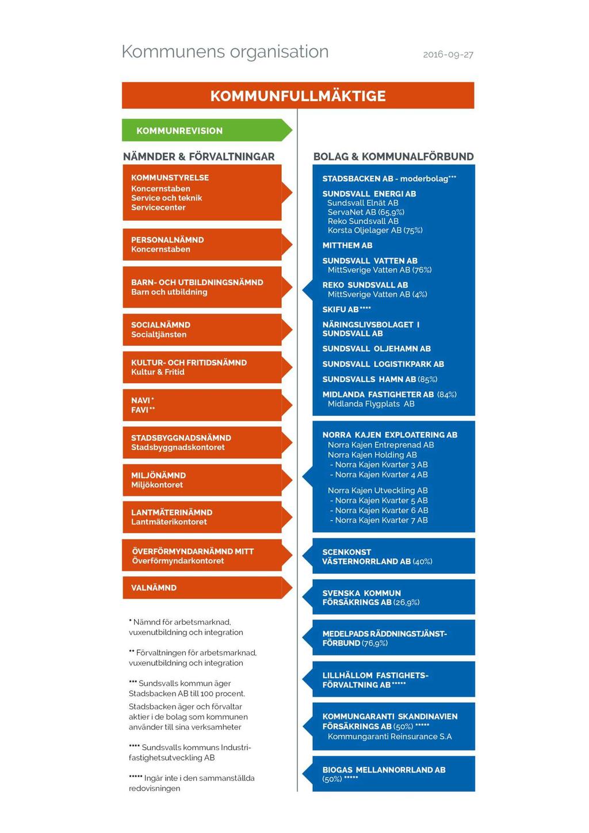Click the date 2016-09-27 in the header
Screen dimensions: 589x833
(448, 55)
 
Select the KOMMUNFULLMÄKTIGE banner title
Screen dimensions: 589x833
(298, 96)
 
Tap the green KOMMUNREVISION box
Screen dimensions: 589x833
(206, 130)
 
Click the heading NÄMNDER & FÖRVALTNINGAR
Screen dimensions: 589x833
(198, 156)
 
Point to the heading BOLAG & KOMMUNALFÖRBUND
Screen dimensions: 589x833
(393, 156)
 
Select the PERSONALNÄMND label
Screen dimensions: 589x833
(167, 240)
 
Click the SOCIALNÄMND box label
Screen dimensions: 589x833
(160, 324)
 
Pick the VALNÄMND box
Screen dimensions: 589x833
(206, 588)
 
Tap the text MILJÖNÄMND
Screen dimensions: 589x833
(158, 475)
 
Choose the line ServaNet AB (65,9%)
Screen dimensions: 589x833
(366, 212)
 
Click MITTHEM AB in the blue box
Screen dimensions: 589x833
(347, 246)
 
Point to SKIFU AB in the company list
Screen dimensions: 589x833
(347, 309)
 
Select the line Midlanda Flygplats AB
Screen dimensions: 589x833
(371, 404)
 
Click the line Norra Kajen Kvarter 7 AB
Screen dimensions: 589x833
(379, 520)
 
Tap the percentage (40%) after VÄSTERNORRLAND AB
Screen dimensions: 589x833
(422, 561)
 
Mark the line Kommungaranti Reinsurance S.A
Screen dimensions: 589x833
(389, 736)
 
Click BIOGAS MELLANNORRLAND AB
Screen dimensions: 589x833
(384, 770)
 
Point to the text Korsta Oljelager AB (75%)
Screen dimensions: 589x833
(375, 230)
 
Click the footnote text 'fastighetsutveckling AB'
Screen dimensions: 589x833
(172, 758)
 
